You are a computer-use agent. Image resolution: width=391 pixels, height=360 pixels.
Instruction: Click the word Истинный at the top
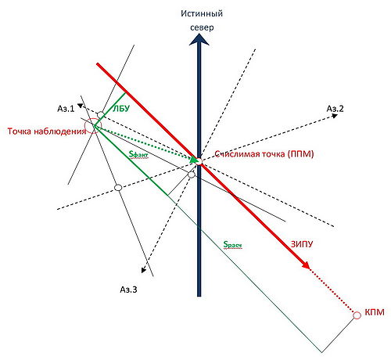[x=202, y=13]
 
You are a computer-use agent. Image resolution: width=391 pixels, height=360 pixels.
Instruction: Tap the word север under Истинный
[x=202, y=27]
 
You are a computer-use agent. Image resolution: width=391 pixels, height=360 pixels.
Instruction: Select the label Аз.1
[x=66, y=109]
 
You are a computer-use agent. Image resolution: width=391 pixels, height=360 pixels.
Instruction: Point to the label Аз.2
[x=335, y=109]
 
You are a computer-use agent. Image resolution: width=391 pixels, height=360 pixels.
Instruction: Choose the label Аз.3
[x=128, y=290]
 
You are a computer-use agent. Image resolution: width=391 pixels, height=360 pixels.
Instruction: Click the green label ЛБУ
[x=121, y=108]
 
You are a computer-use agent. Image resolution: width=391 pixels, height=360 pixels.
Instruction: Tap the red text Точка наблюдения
[x=47, y=131]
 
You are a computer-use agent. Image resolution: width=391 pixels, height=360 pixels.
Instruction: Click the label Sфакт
[x=138, y=155]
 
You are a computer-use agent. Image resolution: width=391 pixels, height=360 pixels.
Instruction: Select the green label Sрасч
[x=232, y=245]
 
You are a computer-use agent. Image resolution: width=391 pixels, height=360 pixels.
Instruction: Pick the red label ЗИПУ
[x=302, y=244]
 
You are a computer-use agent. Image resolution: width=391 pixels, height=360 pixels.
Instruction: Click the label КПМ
[x=375, y=312]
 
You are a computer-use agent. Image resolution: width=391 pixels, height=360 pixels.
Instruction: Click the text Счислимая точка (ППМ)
[x=264, y=154]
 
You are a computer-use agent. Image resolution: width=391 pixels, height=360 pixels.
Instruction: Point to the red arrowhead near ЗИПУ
[x=306, y=265]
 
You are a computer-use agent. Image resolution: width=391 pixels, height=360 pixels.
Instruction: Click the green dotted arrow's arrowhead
[x=193, y=160]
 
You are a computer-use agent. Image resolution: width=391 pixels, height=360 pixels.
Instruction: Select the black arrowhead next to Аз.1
[x=81, y=106]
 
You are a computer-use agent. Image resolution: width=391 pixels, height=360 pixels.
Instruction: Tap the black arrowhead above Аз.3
[x=143, y=270]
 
